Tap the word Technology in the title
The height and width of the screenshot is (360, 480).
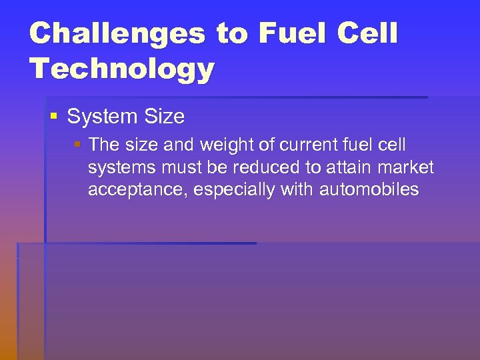[122, 69]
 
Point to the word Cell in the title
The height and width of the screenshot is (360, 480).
[367, 33]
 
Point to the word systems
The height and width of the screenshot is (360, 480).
[122, 167]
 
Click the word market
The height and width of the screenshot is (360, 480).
[406, 167]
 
